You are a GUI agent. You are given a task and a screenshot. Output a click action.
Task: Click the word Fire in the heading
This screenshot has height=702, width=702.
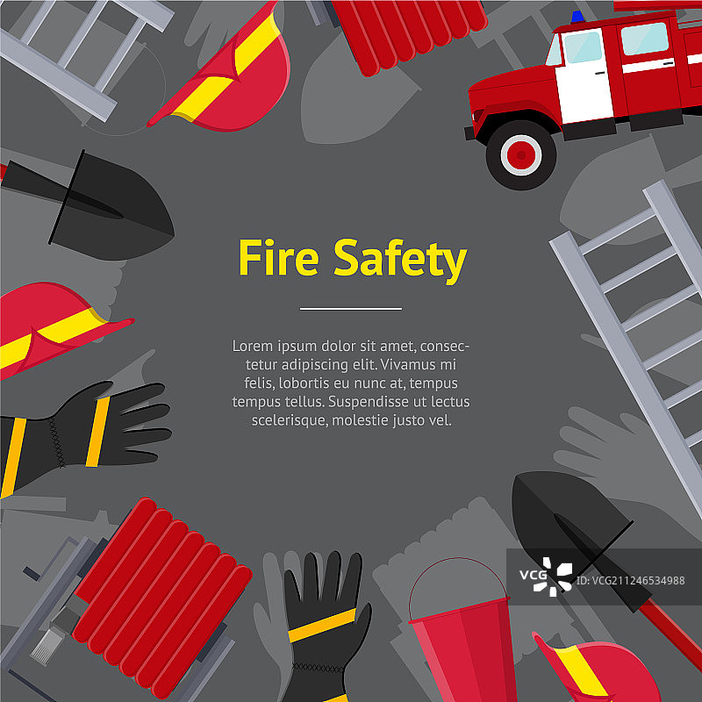(x=278, y=257)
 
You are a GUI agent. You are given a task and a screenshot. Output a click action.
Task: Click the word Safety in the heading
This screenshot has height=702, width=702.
(x=400, y=261)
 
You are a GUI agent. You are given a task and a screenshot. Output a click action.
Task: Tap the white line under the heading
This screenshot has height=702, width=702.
(x=350, y=309)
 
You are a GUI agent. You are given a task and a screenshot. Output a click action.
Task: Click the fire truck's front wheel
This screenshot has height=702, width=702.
(x=521, y=155)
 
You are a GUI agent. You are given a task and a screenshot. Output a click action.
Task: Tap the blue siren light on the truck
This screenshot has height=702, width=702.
(x=577, y=17)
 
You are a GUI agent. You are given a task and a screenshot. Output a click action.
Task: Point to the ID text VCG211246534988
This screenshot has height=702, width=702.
(x=630, y=581)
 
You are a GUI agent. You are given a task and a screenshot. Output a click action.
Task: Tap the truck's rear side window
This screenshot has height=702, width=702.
(x=645, y=39)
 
